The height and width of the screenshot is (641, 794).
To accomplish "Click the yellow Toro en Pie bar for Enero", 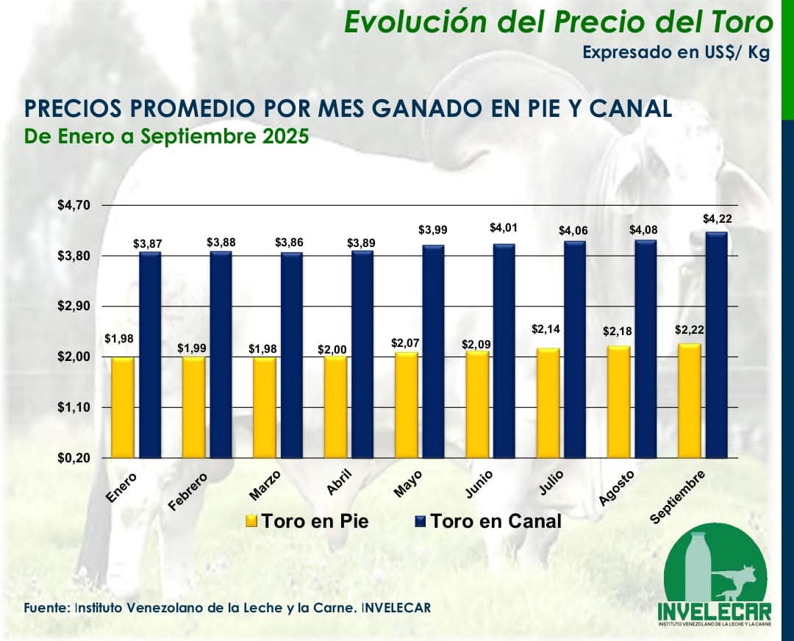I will coord(123,407).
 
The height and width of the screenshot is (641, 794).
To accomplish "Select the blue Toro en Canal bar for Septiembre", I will coord(715,345).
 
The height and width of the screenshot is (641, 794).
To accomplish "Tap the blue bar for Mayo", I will coord(433,351).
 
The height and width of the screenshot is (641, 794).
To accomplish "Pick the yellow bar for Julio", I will coord(548,403).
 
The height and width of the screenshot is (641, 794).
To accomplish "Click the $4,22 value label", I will coord(717,218).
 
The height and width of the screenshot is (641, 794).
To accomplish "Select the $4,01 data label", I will coord(504,229).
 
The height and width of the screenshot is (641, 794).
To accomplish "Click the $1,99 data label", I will coord(192,346).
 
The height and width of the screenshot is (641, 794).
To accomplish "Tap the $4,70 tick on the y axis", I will coord(74,206).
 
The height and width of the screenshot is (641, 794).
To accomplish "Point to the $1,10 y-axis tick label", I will coord(74,407).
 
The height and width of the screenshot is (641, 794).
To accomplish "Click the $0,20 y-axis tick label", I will coord(74,458).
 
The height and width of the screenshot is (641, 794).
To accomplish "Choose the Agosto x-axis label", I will coord(617,490).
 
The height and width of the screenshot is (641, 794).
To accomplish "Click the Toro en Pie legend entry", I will coord(307,521).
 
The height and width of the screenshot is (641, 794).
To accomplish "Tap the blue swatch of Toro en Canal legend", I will coord(421,521).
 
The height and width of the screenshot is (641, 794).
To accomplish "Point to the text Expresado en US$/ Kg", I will coord(676,53).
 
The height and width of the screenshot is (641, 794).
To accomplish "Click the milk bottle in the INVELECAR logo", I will coord(695,566).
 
